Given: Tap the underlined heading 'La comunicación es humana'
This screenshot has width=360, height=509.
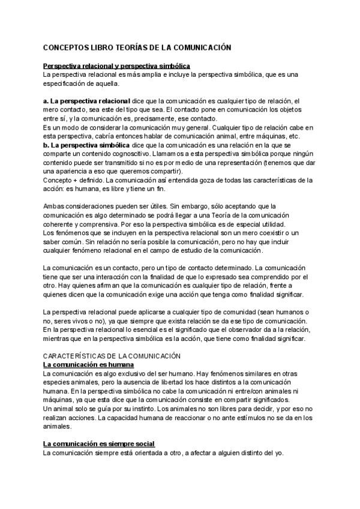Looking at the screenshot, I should [88, 365].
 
